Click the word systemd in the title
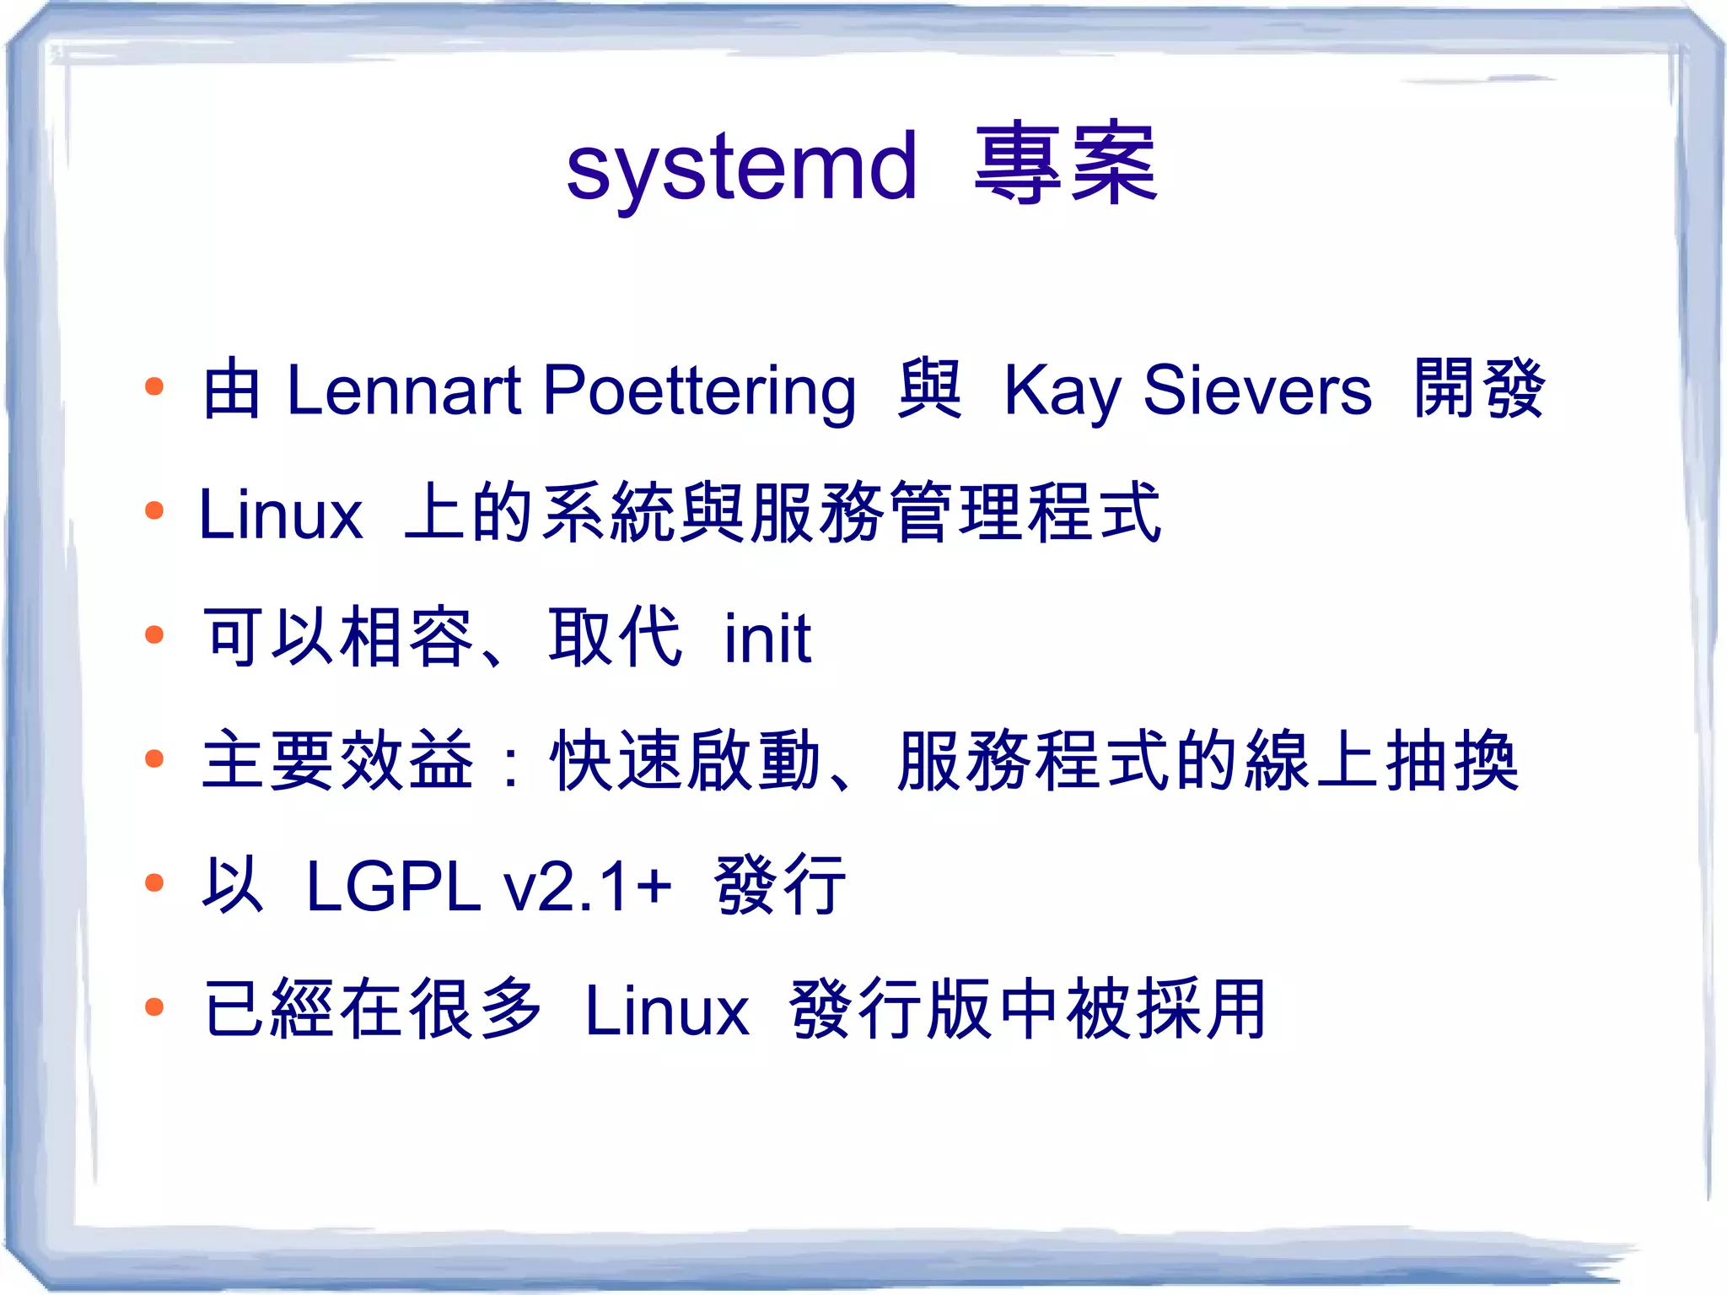point(741,168)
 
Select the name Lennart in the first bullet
point(404,390)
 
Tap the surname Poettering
point(699,391)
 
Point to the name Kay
point(1062,391)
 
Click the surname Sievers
point(1256,390)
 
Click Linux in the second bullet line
point(281,514)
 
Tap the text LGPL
point(393,886)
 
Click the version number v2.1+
point(588,886)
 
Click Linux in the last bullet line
point(667,1010)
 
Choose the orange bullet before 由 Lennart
point(153,387)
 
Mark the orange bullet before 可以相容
point(153,634)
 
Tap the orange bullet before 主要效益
point(153,758)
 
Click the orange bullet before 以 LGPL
point(153,882)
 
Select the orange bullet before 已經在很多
point(153,1006)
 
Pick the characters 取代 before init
point(615,637)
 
